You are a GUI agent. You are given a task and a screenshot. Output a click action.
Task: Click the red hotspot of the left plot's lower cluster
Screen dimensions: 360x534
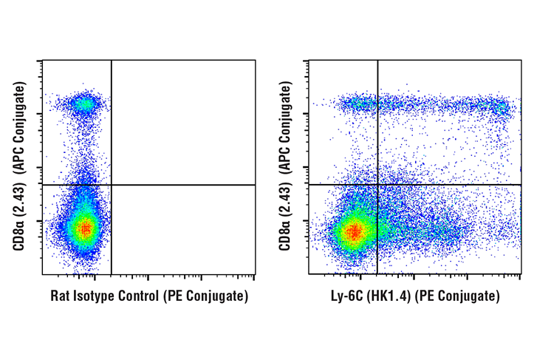(86, 229)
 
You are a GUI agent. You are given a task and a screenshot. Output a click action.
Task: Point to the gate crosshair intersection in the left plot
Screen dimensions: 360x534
(111, 185)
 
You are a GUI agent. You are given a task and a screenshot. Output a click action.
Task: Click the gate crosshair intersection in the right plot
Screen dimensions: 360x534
(377, 185)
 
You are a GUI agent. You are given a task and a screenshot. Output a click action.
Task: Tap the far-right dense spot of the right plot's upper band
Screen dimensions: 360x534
(502, 108)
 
